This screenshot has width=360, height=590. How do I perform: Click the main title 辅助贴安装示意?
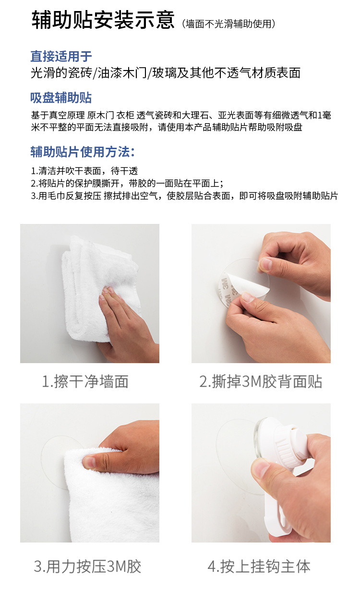coord(103,21)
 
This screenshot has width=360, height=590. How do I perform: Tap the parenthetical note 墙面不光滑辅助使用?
coord(229,24)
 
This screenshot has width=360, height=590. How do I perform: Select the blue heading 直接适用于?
coord(61,56)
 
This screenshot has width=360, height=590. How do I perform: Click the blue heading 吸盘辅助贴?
coord(61,98)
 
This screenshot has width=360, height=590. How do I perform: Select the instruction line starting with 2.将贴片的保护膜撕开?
coord(127,183)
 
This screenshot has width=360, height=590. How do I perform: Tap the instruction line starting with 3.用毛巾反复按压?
coord(184,196)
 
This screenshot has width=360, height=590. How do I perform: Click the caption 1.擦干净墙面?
coord(85,382)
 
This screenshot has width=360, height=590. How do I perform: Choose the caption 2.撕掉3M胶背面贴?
coord(261,382)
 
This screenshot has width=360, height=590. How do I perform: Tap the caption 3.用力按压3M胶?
coord(87,566)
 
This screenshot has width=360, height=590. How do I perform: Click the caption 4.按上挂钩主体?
coord(259,566)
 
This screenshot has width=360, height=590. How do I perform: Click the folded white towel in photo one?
coord(96,269)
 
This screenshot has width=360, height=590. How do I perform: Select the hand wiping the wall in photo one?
coord(127,321)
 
